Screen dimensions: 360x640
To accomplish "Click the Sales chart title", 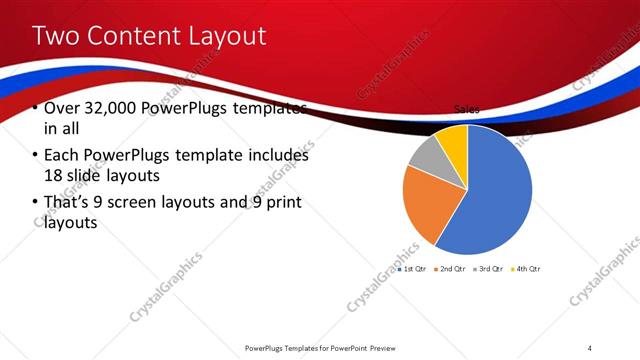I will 466,108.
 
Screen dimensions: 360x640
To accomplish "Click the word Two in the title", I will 59,36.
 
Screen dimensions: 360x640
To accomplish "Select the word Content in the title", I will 135,36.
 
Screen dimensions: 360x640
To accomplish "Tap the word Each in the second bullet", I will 62,156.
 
